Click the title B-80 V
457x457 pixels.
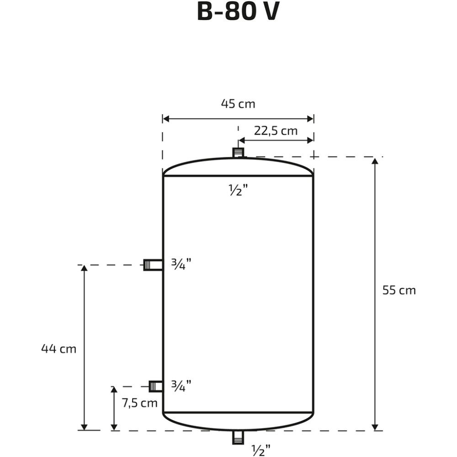click(x=238, y=12)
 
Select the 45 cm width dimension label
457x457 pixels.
click(x=238, y=104)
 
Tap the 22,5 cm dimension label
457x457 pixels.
click(x=276, y=131)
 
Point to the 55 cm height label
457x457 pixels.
click(x=399, y=290)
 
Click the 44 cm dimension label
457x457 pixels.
click(x=58, y=349)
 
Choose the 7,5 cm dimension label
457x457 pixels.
click(x=139, y=403)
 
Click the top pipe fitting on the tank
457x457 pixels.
click(x=238, y=153)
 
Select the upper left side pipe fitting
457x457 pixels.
click(x=153, y=265)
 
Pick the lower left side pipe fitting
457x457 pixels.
click(x=156, y=387)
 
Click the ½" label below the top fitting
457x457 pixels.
click(x=238, y=190)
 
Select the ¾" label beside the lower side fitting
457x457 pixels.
click(x=180, y=386)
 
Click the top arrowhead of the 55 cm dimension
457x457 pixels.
click(x=376, y=161)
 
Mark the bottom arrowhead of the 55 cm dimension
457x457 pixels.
click(x=376, y=426)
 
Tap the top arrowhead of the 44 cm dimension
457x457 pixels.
click(x=84, y=269)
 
